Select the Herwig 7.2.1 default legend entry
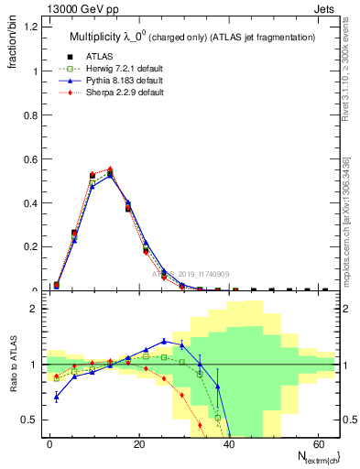[x=119, y=69]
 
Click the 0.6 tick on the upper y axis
[x=32, y=159]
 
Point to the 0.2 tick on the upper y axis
[x=32, y=247]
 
